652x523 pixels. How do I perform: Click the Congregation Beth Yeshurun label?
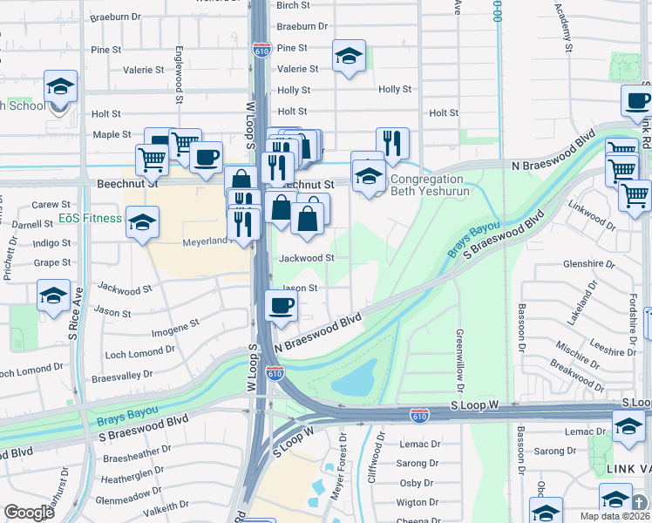[430, 185]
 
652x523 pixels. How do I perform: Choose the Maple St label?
[112, 134]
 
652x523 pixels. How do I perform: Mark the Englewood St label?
[179, 75]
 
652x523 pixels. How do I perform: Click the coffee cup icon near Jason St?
[282, 306]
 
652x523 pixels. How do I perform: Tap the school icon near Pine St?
[349, 58]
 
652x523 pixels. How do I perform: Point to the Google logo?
[29, 513]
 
